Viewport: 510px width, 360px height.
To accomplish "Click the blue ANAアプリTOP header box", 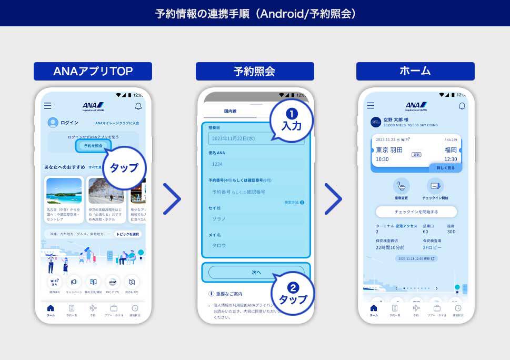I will point(93,71).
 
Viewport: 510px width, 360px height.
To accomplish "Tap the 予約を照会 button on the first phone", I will point(94,145).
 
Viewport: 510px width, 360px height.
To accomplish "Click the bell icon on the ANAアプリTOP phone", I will point(138,106).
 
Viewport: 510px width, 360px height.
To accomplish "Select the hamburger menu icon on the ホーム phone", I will point(371,106).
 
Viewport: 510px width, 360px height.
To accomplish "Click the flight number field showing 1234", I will point(256,164).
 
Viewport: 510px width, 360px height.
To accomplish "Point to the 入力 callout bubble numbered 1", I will point(292,122).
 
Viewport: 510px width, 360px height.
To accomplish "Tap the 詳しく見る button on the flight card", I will point(445,168).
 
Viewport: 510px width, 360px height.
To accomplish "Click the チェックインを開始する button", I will point(416,212).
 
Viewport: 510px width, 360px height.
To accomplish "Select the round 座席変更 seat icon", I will point(402,185).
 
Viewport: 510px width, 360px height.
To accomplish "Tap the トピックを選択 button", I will point(128,234).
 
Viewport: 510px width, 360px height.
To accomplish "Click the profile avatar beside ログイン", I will point(53,123).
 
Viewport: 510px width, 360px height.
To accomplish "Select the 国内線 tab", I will point(230,112).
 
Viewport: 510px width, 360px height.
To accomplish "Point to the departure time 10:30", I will point(383,159).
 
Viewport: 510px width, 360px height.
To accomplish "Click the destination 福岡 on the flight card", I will point(451,150).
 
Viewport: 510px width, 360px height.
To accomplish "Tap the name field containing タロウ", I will point(256,245).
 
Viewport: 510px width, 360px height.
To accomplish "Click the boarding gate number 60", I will point(425,232).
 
